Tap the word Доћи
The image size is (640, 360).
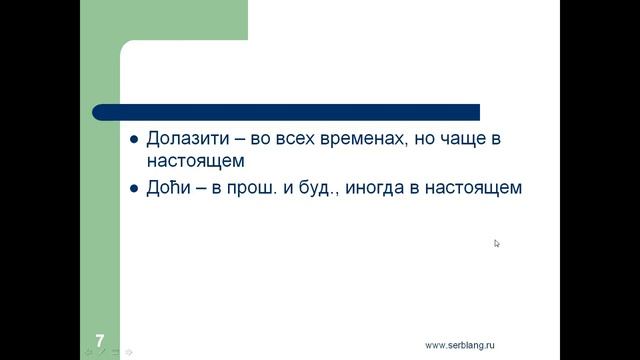[x=167, y=187]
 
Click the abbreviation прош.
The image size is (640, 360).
[x=259, y=187]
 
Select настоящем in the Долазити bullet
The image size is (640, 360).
[x=195, y=160]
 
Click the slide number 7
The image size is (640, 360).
[x=99, y=340]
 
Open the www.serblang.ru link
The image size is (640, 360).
[x=460, y=345]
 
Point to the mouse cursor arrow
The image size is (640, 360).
[x=497, y=243]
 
